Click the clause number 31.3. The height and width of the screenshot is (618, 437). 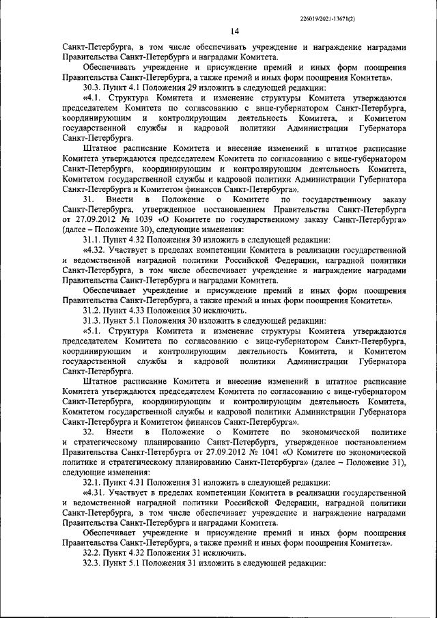(92, 320)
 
